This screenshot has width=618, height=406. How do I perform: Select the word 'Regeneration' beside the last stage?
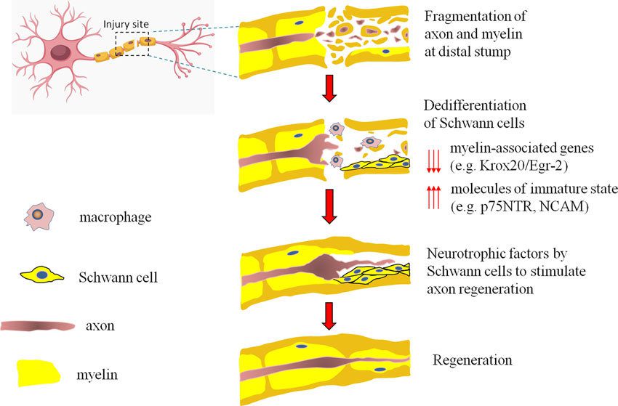pos(473,360)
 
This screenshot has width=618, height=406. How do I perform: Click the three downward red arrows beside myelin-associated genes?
pos(433,157)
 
